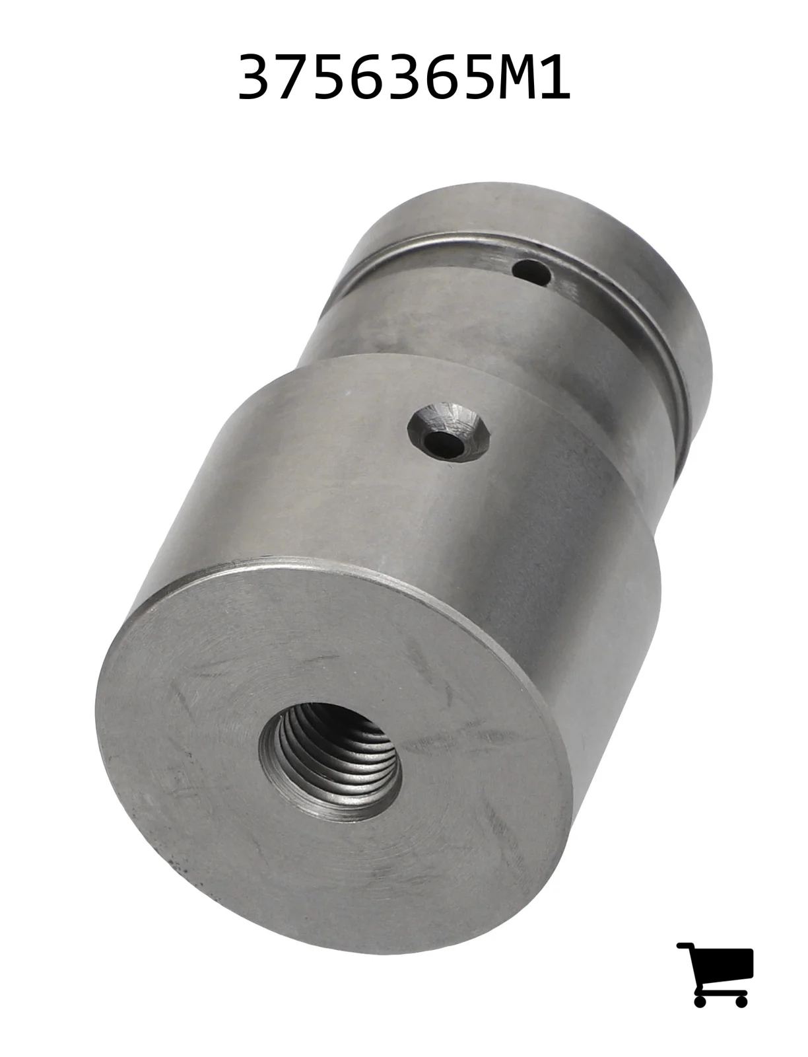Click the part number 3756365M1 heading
click(404, 77)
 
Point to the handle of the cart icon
click(685, 946)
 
